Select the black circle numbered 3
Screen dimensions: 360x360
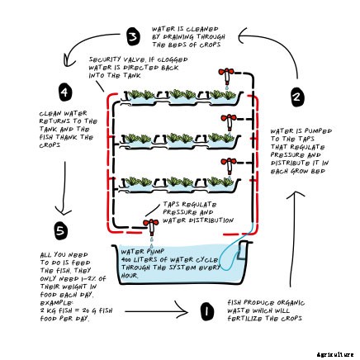(x=132, y=36)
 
